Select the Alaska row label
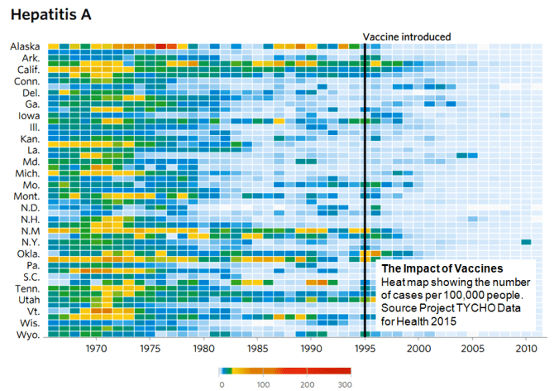click(25, 47)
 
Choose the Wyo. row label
click(27, 335)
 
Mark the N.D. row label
click(30, 208)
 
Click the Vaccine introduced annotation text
click(407, 36)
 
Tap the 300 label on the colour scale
click(345, 384)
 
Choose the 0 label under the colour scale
click(221, 384)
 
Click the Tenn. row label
click(26, 288)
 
